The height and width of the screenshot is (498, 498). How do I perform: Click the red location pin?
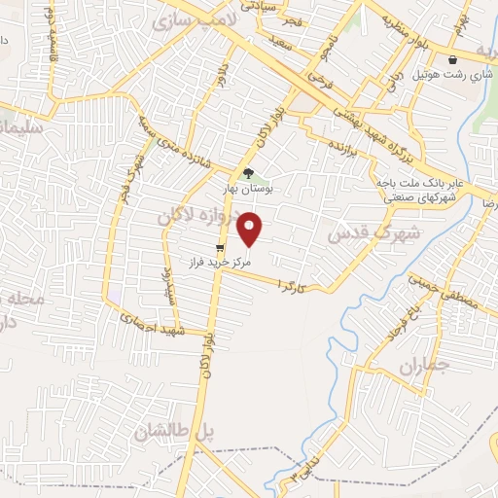[251, 230]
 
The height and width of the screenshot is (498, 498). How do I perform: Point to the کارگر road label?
[292, 285]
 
